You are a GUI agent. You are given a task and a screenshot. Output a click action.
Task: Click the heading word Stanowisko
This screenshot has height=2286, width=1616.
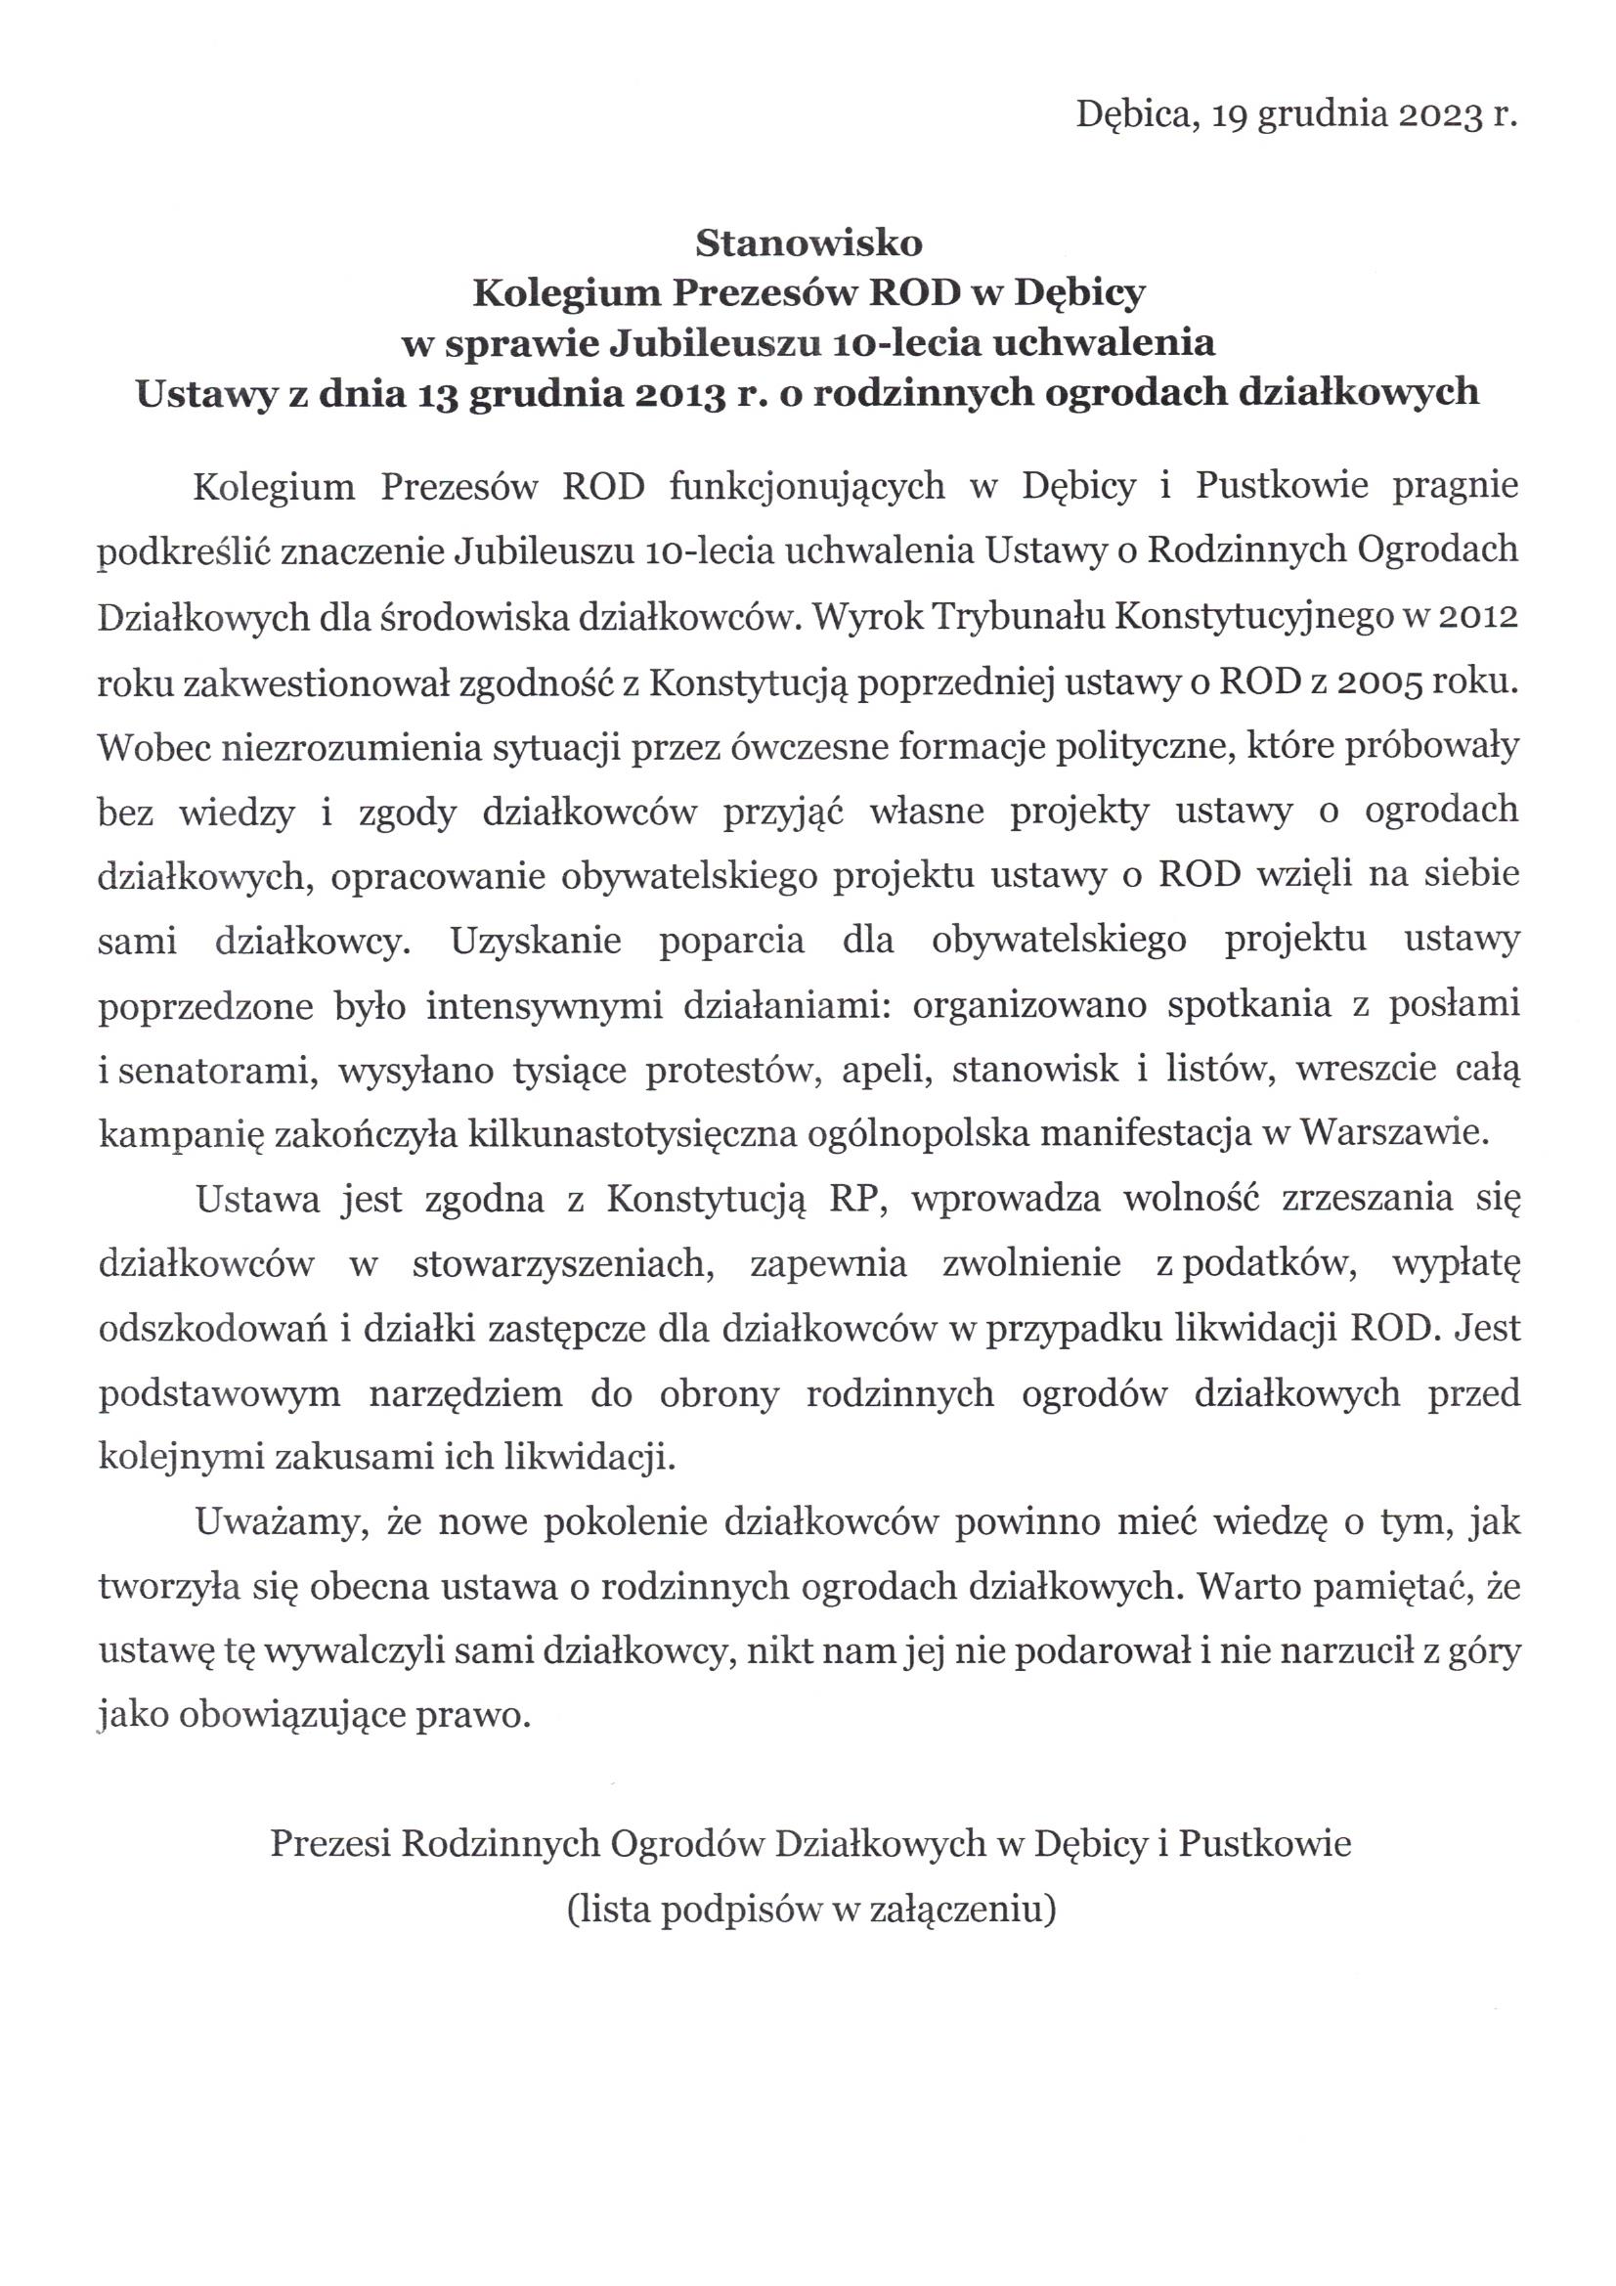[808, 242]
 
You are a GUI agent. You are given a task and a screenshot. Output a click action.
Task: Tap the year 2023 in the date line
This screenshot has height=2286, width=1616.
[1435, 116]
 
